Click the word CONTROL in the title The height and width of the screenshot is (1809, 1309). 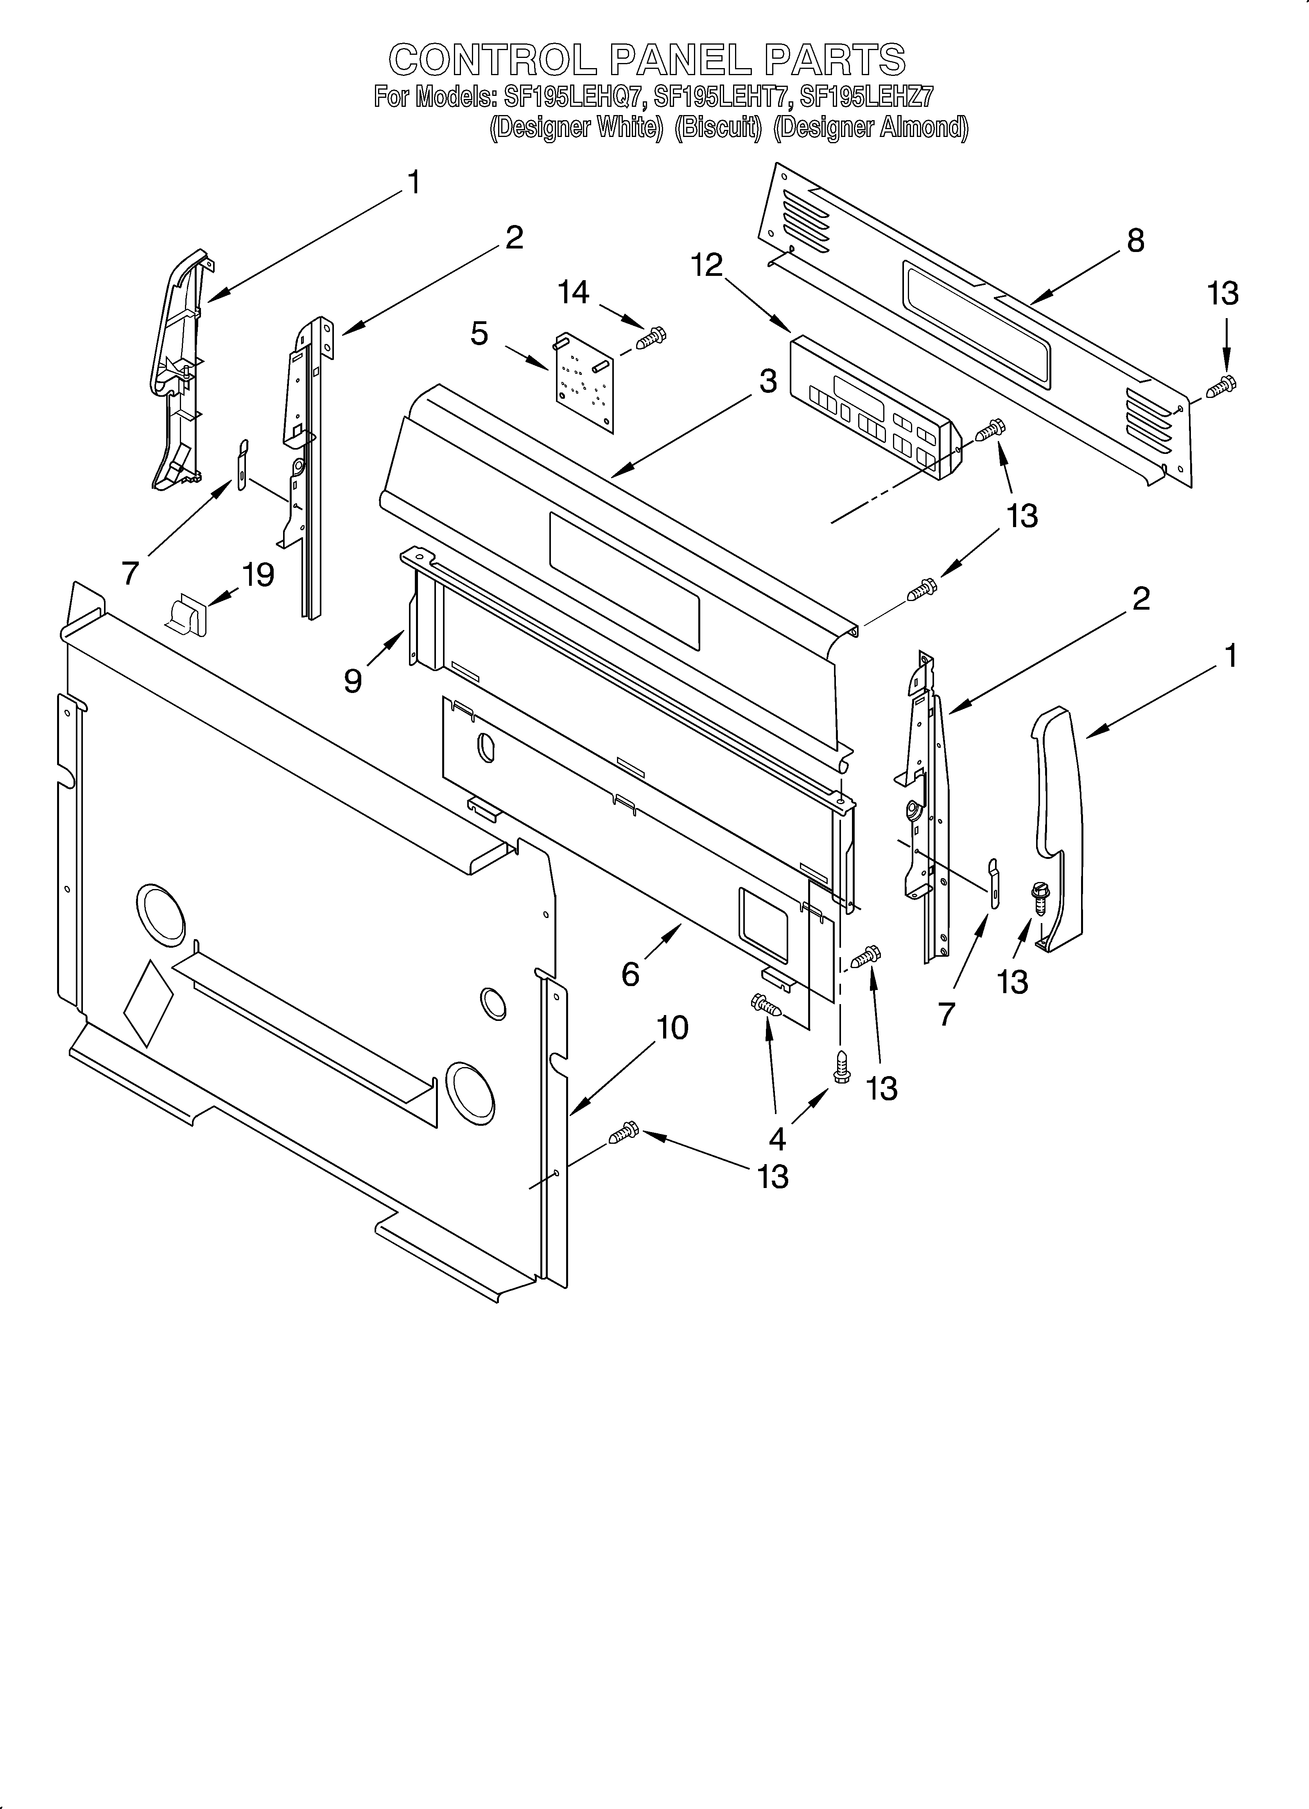click(492, 60)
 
